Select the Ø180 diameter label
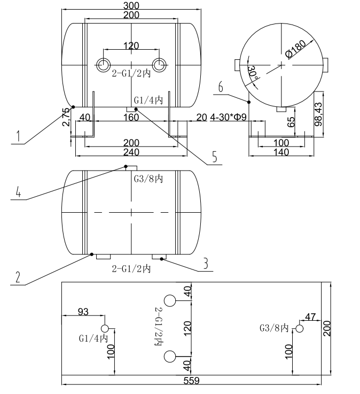coord(295,49)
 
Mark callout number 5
coord(214,157)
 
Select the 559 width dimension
coord(191,381)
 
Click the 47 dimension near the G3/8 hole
coord(311,315)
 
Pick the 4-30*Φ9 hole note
coord(229,117)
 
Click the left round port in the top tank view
coord(102,65)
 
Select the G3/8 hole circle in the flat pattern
coord(300,328)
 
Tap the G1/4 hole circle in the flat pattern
coord(105,328)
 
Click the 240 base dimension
coord(131,152)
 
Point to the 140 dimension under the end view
coord(281,152)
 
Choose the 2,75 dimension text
coord(66,117)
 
